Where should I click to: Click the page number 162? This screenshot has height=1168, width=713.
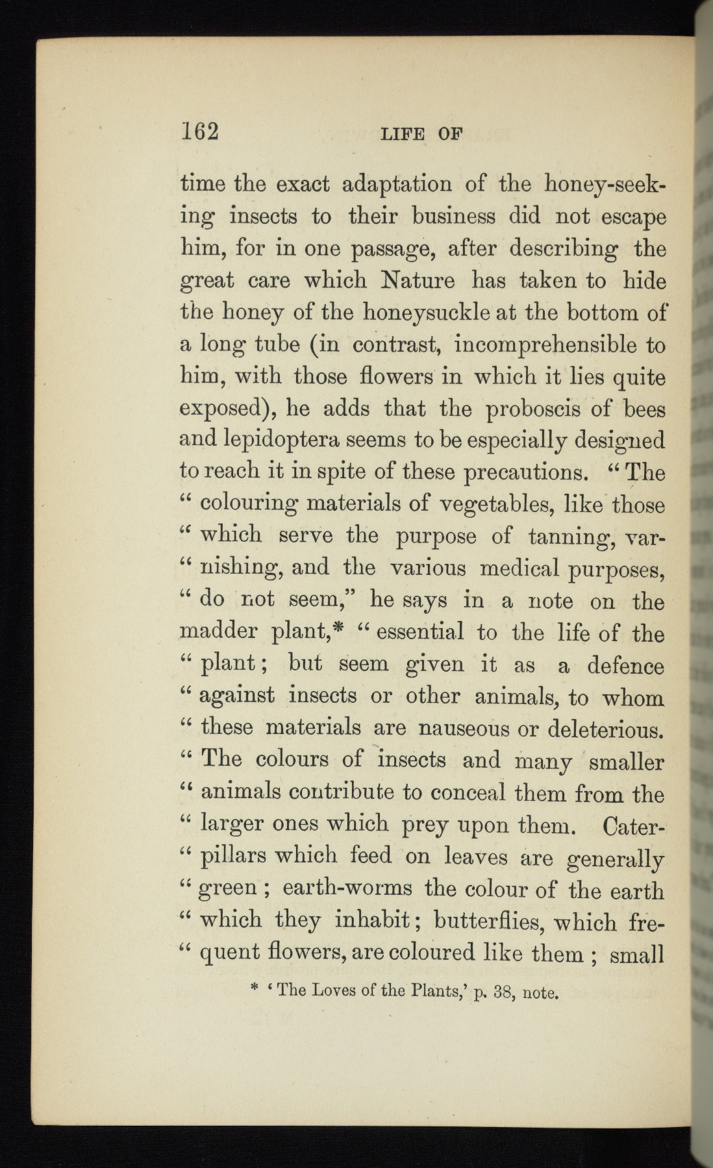(199, 132)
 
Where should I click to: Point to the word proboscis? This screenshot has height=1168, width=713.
(529, 409)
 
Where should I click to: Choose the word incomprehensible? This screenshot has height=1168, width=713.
(544, 345)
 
